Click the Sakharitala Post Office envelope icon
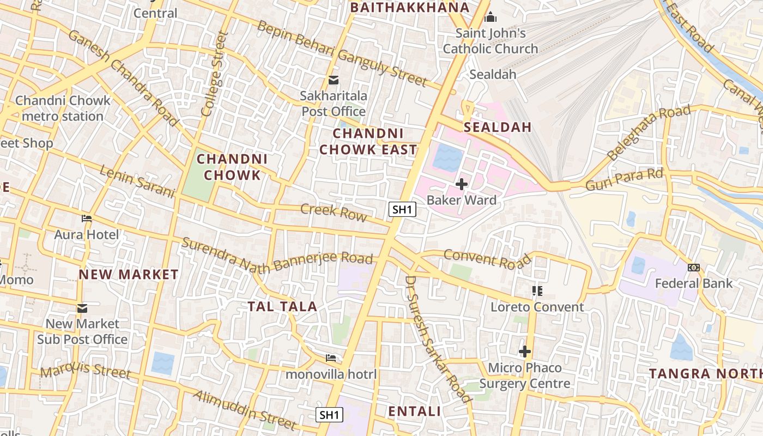[x=333, y=81]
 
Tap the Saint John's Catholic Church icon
[x=490, y=17]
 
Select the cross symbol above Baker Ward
[x=462, y=184]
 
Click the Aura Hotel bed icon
[x=87, y=219]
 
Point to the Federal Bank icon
[x=694, y=268]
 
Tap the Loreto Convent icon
[x=537, y=291]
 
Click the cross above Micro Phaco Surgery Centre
[x=525, y=352]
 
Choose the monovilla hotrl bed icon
[x=331, y=358]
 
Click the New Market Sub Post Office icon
[x=82, y=308]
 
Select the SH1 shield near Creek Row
[x=403, y=209]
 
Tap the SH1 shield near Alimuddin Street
[x=330, y=414]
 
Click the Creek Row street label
[x=334, y=212]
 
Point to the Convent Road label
[x=487, y=258]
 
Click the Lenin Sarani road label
[x=137, y=181]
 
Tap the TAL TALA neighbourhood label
[x=282, y=306]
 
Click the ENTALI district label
[x=414, y=411]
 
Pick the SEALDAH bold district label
[x=497, y=128]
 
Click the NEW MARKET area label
[x=129, y=274]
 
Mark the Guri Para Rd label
[x=624, y=180]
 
